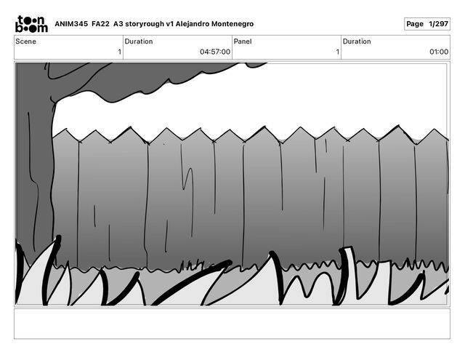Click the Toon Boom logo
[x=31, y=24]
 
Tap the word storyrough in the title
[x=145, y=24]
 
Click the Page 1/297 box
[x=427, y=24]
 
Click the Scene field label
[x=26, y=41]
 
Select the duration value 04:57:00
[x=215, y=52]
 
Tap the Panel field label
[x=243, y=41]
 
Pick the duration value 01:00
[x=439, y=52]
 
